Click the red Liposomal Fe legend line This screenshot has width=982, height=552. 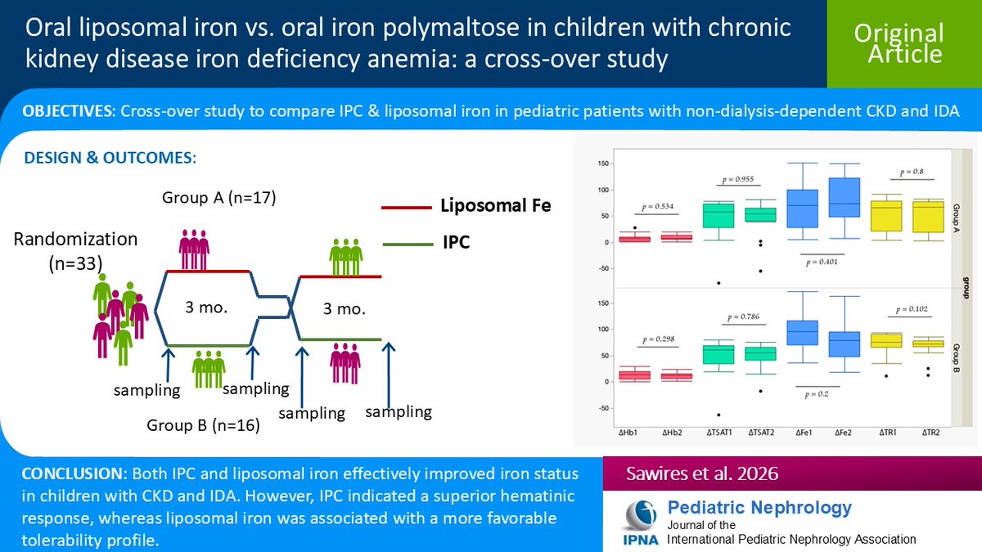[406, 208]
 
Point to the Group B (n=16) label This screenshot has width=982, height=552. [204, 425]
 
